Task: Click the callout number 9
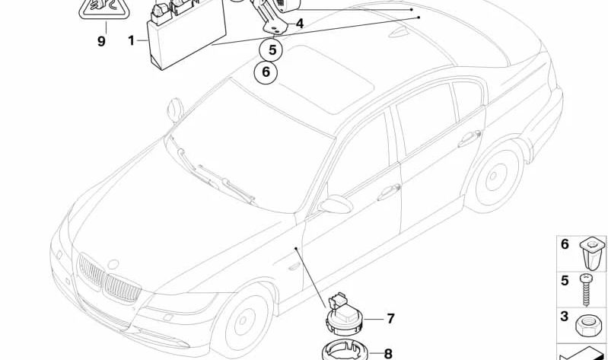(101, 41)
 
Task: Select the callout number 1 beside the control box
(131, 40)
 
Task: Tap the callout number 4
(299, 24)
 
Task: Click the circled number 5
(272, 49)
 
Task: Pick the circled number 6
(266, 72)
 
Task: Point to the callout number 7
(390, 318)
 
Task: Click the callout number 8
(388, 353)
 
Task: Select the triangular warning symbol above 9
(105, 8)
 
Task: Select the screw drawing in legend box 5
(585, 289)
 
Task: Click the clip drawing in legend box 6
(592, 253)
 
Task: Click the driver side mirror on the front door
(336, 204)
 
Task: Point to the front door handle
(389, 191)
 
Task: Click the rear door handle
(470, 139)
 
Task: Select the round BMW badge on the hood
(113, 264)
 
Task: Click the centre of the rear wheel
(494, 177)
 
